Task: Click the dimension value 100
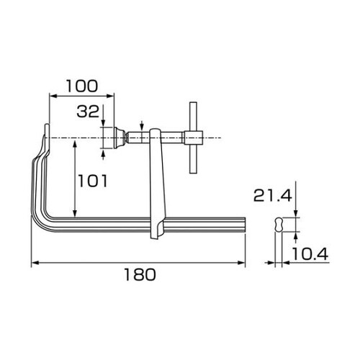tap(81, 85)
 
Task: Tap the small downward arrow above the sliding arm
tap(142, 125)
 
